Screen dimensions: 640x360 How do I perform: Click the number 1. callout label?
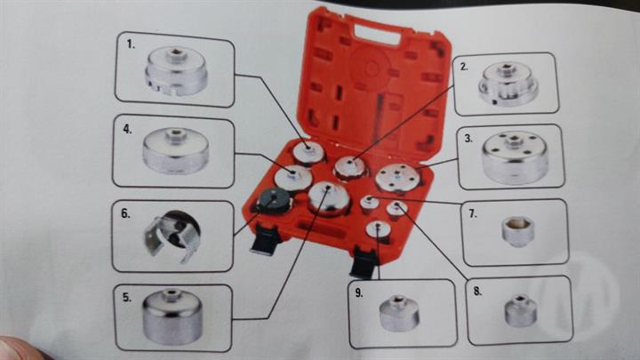(131, 44)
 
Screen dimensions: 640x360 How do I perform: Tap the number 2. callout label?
(464, 67)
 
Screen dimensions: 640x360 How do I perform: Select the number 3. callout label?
(468, 139)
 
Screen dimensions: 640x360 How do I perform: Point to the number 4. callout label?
(127, 129)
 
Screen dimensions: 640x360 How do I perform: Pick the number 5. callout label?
(127, 297)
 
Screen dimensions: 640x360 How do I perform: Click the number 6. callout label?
(125, 213)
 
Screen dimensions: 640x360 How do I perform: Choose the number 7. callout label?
(473, 213)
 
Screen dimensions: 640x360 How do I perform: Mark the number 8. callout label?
(477, 291)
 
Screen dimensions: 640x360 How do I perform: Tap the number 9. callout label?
(359, 292)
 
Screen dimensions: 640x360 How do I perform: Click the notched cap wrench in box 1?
(176, 71)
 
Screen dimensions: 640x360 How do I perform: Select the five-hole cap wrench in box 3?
(515, 157)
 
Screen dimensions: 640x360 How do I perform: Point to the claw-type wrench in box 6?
(172, 236)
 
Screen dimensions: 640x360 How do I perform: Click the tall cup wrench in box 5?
(172, 316)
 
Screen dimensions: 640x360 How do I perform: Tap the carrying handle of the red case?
(376, 34)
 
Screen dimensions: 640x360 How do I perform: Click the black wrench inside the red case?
(274, 201)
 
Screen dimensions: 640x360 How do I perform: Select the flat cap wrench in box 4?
(175, 150)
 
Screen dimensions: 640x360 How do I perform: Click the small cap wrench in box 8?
(520, 311)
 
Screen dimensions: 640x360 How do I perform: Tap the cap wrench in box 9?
(399, 313)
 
